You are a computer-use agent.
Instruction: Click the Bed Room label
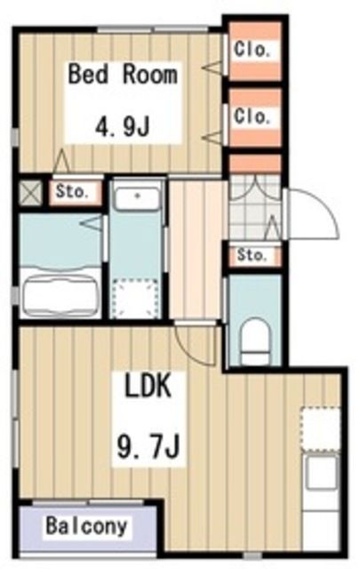click(123, 74)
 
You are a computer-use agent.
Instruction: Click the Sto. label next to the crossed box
click(72, 190)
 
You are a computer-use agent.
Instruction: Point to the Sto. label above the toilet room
click(252, 256)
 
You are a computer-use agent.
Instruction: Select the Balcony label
click(87, 525)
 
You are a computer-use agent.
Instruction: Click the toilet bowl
click(256, 336)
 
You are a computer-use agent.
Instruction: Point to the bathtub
click(60, 293)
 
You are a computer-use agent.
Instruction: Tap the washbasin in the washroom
click(138, 197)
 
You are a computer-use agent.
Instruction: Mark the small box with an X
click(31, 191)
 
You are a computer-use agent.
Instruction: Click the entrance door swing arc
click(311, 213)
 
